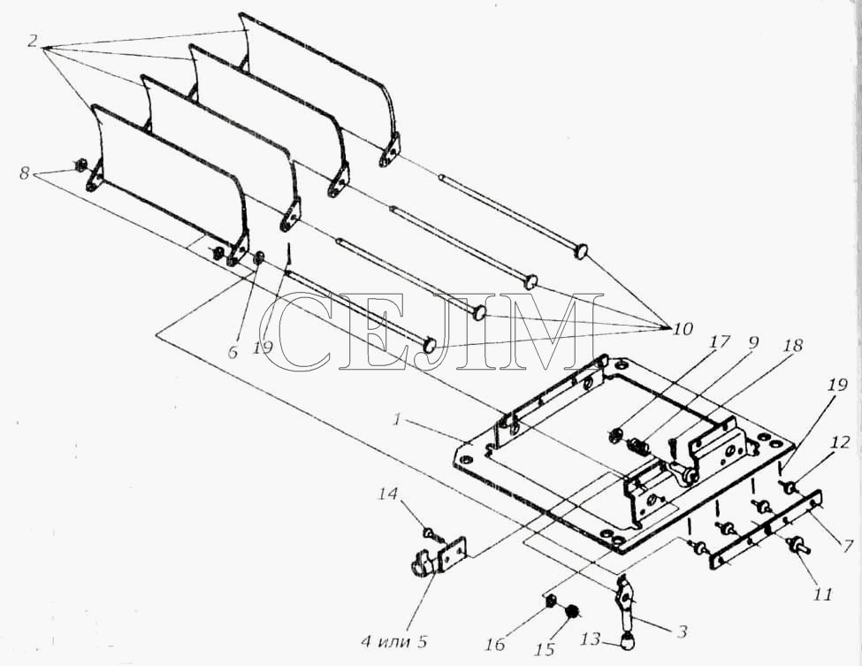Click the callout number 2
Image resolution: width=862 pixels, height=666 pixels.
coord(33,42)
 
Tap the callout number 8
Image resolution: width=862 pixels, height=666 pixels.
coord(24,173)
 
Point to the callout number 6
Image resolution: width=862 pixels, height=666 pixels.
coord(233,352)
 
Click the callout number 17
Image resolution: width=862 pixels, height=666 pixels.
coord(719,342)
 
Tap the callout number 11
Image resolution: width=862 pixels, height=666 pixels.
coord(823,594)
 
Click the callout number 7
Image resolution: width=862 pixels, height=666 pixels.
coord(847,546)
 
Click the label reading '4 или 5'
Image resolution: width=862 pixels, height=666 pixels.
coord(393,642)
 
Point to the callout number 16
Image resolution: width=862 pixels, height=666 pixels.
coord(495,644)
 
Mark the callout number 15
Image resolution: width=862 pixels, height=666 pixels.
coord(545,649)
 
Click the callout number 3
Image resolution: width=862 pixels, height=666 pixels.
coord(682,632)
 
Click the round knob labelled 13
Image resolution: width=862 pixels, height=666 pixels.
coord(626,640)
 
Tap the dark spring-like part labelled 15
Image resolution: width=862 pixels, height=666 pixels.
coord(572,611)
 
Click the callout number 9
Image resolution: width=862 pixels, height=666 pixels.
coord(752,342)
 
